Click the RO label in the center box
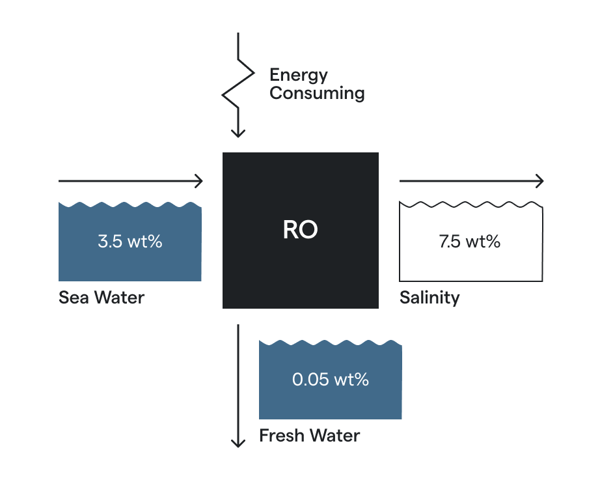coord(300,230)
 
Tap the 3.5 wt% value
coord(130,242)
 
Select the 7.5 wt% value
coord(470,242)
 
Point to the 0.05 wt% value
coord(330,380)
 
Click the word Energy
coord(298,75)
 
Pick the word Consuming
coord(317,93)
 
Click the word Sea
coord(73,298)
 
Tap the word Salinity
coord(430,298)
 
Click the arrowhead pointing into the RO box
coord(199,181)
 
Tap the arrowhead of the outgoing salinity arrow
coord(539,181)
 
